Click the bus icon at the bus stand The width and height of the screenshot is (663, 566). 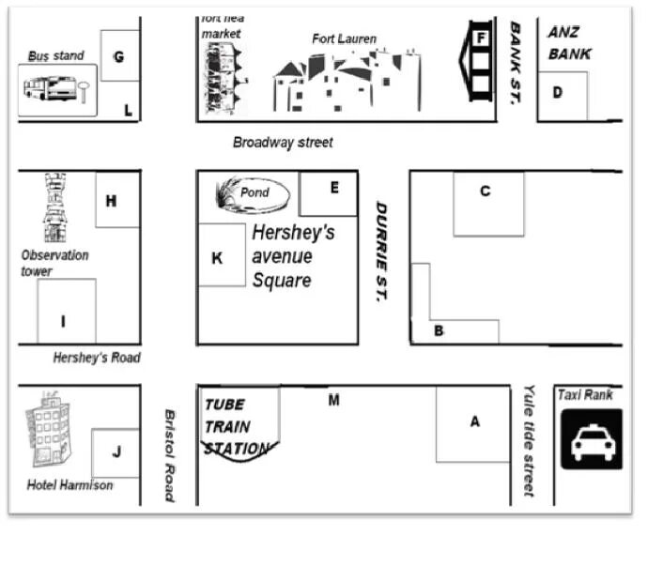(x=50, y=89)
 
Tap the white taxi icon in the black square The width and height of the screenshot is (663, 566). (x=593, y=441)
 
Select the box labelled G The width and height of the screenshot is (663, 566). (x=119, y=56)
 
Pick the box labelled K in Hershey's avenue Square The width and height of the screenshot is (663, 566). (x=219, y=256)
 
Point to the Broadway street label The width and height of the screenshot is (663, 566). (x=283, y=143)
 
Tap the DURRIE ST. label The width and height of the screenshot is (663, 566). (x=381, y=251)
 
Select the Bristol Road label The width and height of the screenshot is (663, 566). (x=170, y=455)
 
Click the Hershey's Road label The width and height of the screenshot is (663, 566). (x=97, y=358)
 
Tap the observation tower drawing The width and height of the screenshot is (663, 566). (x=54, y=208)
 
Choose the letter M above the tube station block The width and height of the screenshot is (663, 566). (x=333, y=401)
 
